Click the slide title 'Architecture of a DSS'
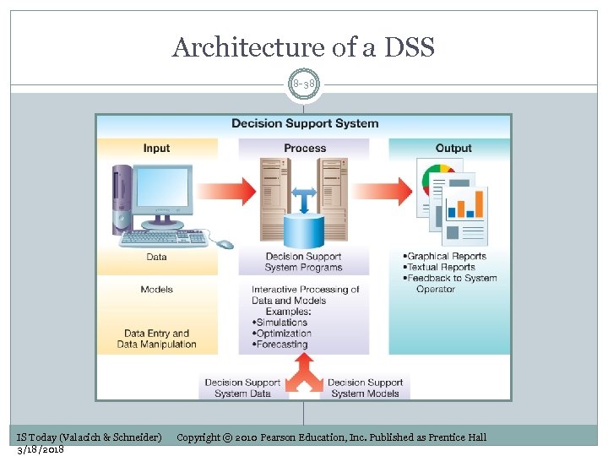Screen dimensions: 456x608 (303, 48)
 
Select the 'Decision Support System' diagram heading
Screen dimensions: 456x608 (305, 123)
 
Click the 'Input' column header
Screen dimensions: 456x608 (156, 148)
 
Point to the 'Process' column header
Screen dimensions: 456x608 (305, 148)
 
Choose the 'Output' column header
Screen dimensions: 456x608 (453, 148)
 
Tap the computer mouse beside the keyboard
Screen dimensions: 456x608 (225, 244)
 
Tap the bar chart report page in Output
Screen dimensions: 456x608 (466, 208)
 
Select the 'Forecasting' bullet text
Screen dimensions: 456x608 (282, 345)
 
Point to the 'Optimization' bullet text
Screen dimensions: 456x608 (284, 334)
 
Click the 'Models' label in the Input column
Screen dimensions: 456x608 (156, 290)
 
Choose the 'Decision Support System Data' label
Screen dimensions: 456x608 (242, 388)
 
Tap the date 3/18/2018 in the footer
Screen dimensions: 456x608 (41, 449)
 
